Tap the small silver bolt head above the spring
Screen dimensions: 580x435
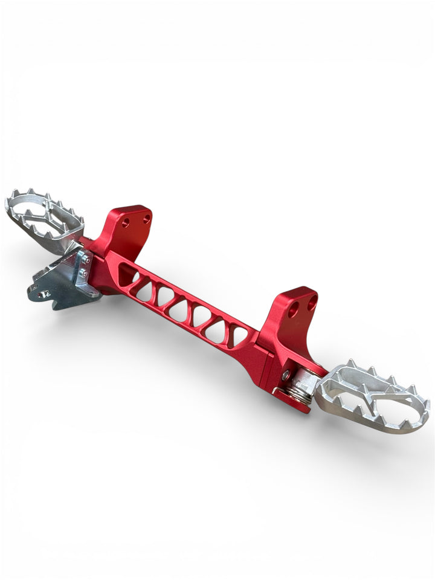click(x=285, y=375)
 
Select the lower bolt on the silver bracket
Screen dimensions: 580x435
click(x=84, y=273)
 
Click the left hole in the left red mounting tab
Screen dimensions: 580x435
click(x=126, y=223)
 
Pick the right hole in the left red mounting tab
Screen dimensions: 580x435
click(x=146, y=219)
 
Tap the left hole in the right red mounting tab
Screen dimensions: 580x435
click(x=293, y=312)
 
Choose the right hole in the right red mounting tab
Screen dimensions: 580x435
click(x=312, y=304)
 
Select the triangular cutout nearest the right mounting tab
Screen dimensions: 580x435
click(x=238, y=335)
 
